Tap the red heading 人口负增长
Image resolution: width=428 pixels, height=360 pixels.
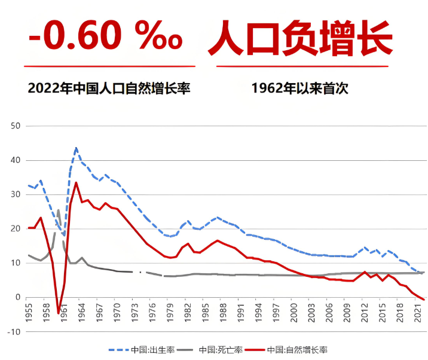coord(300,37)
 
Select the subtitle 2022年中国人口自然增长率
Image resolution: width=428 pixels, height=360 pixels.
coord(109,89)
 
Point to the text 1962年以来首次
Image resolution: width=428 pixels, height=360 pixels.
coord(299,89)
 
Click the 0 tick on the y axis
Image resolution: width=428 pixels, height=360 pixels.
coord(18,297)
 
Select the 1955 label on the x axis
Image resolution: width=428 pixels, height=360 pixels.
coord(29,313)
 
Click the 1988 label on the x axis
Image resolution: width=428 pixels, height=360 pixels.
coord(224,313)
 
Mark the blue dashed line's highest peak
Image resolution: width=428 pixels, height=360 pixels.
coord(76,147)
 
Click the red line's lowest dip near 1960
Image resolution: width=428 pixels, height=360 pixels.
coord(59,313)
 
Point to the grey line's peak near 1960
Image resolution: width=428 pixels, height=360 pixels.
coord(59,210)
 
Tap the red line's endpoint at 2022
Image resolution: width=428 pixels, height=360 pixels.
coord(424,300)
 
